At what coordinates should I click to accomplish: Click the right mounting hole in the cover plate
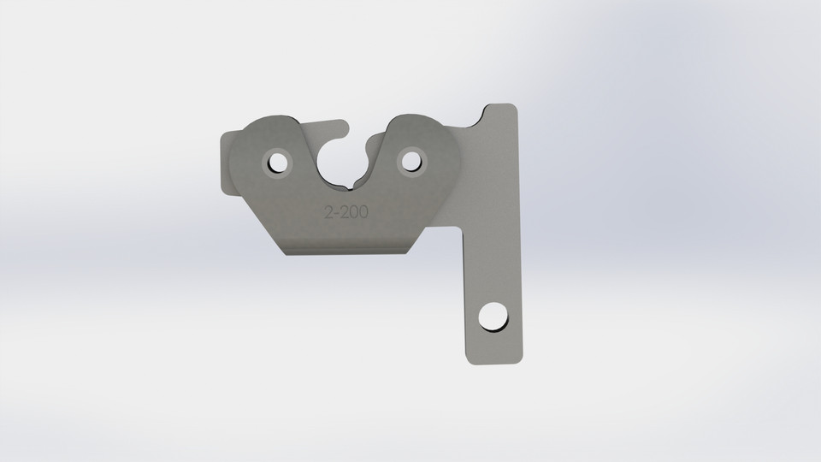[x=411, y=160]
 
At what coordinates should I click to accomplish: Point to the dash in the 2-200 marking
[x=337, y=214]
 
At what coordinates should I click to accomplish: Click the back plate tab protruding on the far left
[x=226, y=162]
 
